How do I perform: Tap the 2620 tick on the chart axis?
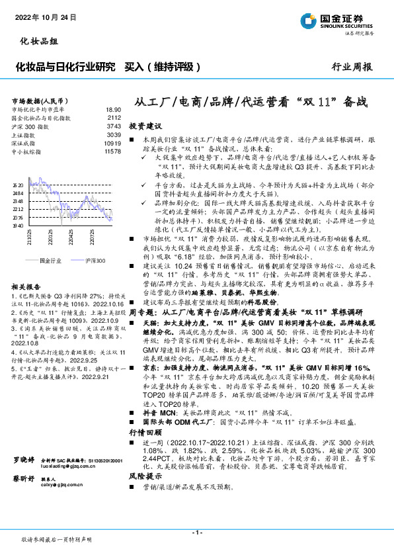pos(18,184)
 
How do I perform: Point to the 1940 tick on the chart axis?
pos(18,226)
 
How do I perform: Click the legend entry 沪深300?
pos(95,261)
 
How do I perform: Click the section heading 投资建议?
pos(145,125)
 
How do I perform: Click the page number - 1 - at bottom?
pos(196,533)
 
